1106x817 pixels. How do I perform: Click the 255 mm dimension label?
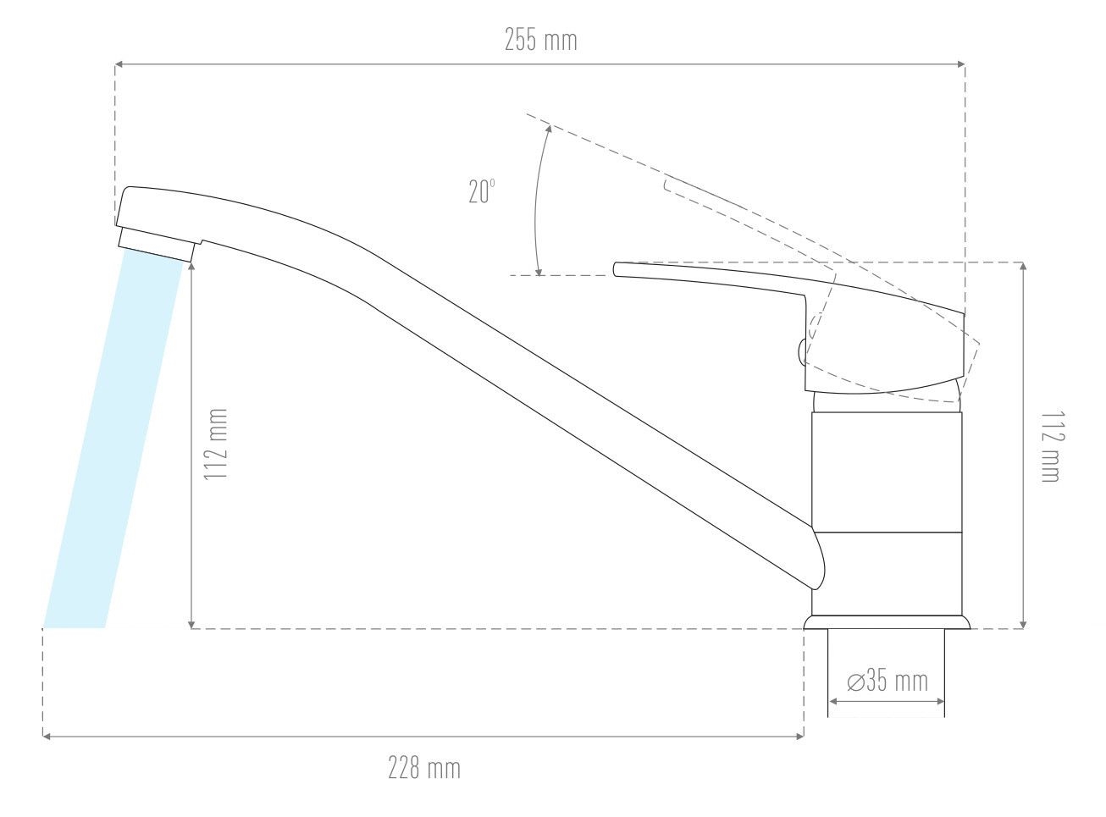(540, 40)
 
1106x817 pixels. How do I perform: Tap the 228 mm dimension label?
(424, 768)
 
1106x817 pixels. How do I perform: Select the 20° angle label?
(482, 191)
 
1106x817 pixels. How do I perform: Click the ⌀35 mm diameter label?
(888, 681)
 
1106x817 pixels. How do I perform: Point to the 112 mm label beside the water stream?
(216, 444)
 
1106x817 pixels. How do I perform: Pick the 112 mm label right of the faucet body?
(1053, 447)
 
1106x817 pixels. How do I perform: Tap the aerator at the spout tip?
(156, 244)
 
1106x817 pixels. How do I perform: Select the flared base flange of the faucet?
(888, 622)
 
